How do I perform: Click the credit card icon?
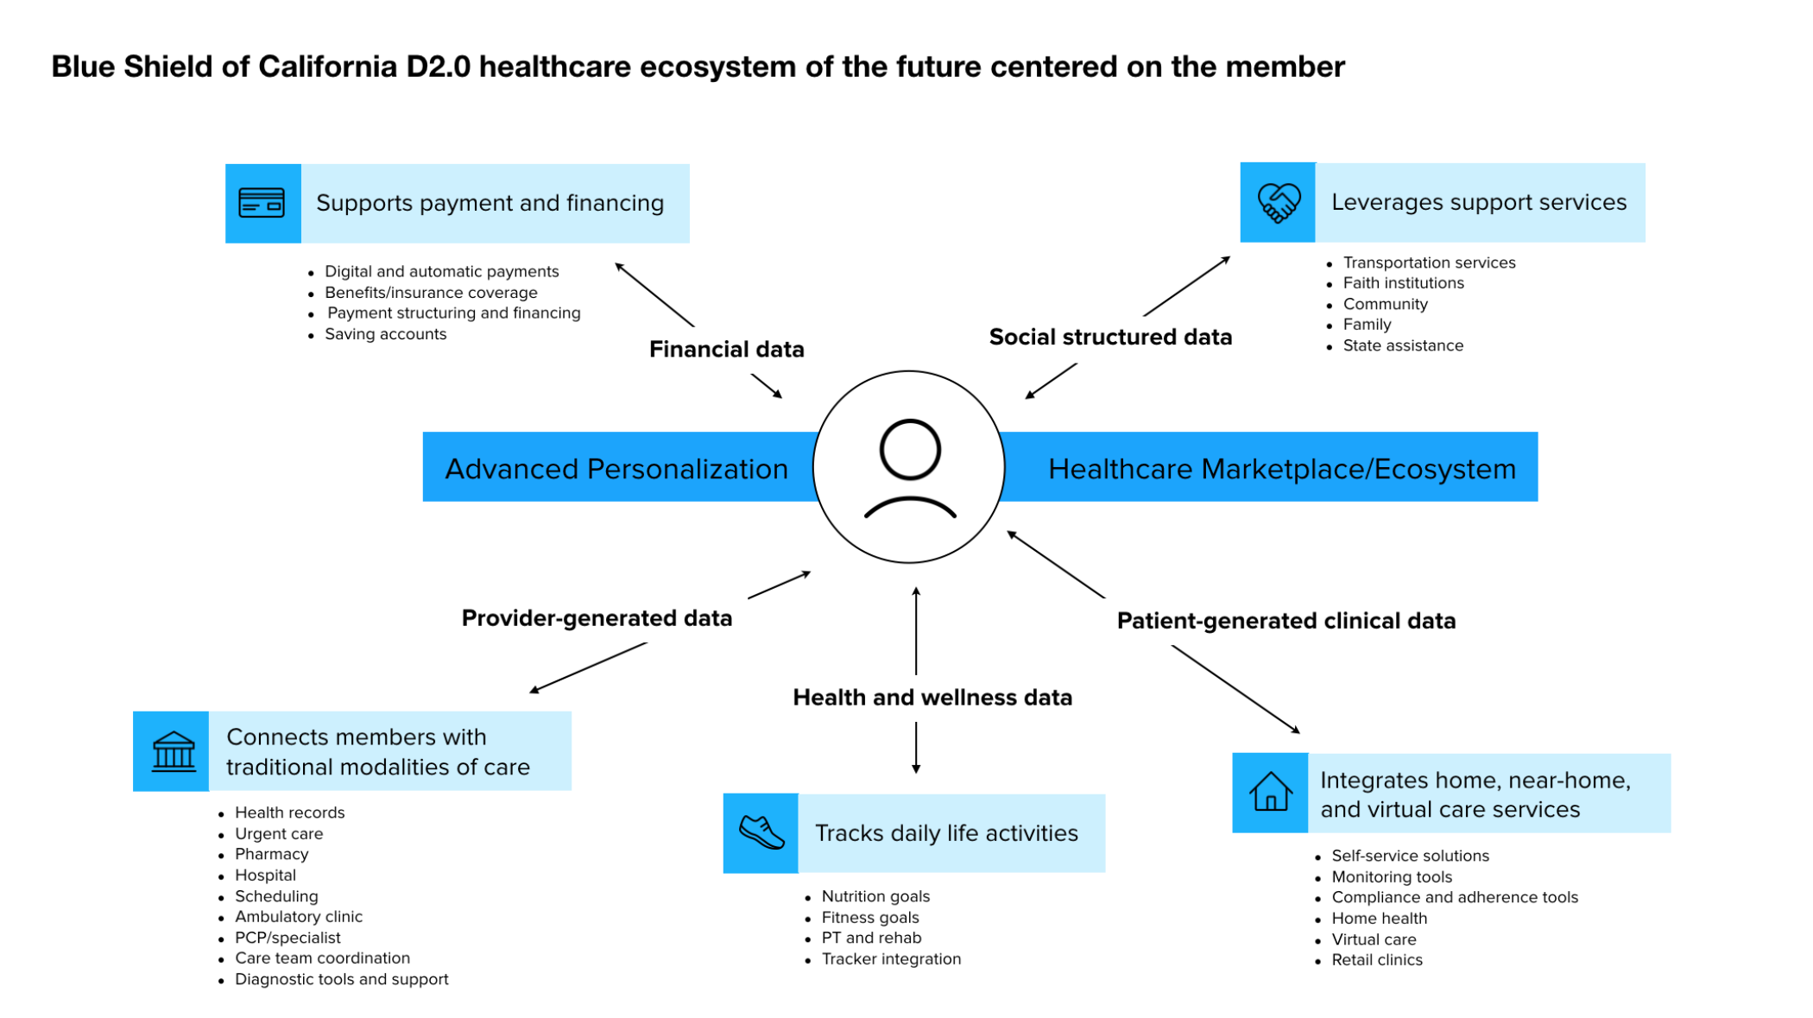click(x=262, y=204)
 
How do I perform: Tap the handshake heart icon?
click(x=1278, y=203)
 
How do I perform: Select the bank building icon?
click(x=173, y=751)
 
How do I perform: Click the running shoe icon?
click(x=761, y=833)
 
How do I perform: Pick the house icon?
click(x=1270, y=793)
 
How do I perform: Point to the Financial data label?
click(x=726, y=350)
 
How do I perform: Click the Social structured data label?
click(x=1110, y=338)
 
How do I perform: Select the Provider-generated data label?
click(x=597, y=618)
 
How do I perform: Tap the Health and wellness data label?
click(x=932, y=698)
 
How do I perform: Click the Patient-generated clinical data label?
click(x=1286, y=621)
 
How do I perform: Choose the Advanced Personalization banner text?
click(x=616, y=469)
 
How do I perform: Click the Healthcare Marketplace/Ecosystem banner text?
click(x=1281, y=469)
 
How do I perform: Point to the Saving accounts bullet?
click(x=385, y=334)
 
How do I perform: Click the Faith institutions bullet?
click(x=1403, y=283)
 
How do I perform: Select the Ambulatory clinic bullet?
click(x=299, y=917)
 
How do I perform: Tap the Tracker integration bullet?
click(x=891, y=959)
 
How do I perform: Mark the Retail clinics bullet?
click(x=1376, y=960)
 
